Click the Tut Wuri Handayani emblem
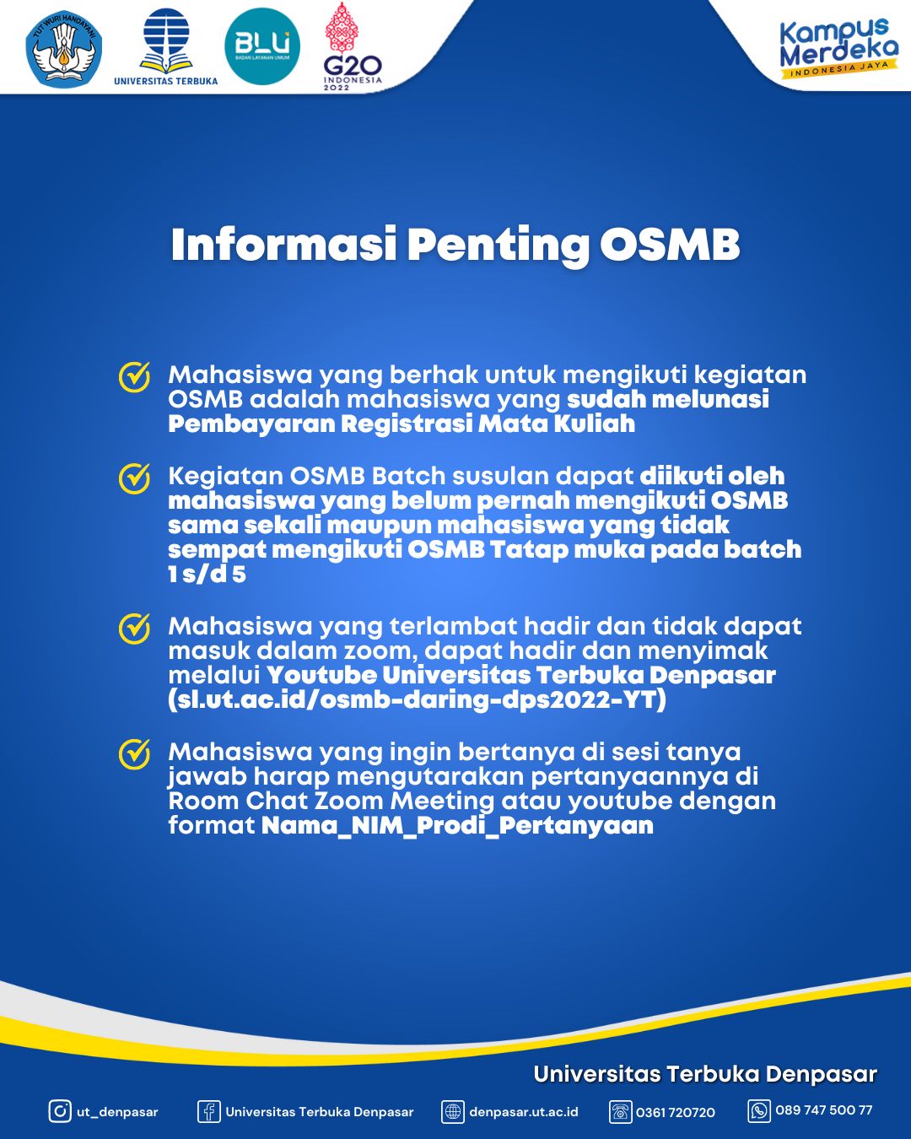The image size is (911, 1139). [64, 49]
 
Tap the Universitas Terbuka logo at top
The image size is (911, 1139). [166, 46]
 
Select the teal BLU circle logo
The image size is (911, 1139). [262, 46]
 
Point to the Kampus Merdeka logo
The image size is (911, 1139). [838, 47]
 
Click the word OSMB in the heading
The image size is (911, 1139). [670, 245]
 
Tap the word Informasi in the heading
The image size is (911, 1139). [283, 245]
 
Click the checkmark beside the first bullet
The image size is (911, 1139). [134, 377]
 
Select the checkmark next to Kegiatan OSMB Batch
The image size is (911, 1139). [134, 478]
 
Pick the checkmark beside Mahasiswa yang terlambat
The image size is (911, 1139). [134, 629]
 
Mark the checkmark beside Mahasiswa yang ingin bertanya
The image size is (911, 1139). [134, 754]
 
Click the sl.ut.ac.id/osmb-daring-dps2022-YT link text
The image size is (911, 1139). [417, 699]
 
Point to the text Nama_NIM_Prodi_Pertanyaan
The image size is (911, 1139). [457, 825]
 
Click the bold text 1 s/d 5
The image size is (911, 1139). [207, 575]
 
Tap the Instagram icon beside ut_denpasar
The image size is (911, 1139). [60, 1111]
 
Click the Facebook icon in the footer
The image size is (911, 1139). [208, 1111]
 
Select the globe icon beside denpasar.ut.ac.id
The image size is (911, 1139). [453, 1112]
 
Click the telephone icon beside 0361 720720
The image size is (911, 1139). [620, 1112]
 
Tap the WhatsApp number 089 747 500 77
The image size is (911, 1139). [823, 1110]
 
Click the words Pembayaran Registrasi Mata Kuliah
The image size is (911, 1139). [402, 424]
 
